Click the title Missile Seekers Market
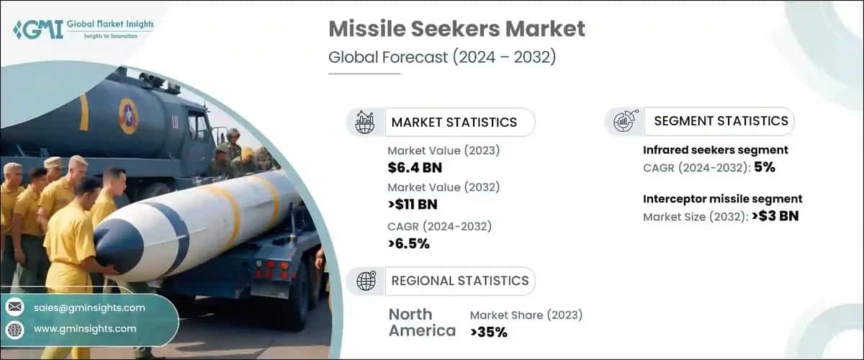click(x=456, y=30)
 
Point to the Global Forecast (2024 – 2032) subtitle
click(x=442, y=58)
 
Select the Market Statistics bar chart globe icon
click(x=365, y=122)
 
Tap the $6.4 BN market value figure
click(x=415, y=168)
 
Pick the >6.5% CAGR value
click(x=408, y=243)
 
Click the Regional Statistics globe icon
click(x=366, y=281)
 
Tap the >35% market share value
click(x=489, y=332)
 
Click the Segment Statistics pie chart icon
click(x=624, y=121)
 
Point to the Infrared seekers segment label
click(x=715, y=150)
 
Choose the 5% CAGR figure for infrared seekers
click(x=765, y=167)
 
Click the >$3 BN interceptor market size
click(x=774, y=216)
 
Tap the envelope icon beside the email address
click(x=14, y=307)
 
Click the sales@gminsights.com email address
click(x=89, y=307)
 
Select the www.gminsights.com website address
click(x=85, y=329)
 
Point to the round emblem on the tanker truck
click(x=128, y=115)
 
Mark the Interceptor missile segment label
click(x=722, y=199)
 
